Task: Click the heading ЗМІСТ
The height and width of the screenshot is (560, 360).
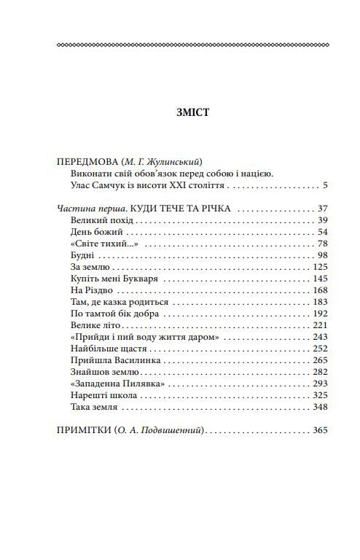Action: (192, 113)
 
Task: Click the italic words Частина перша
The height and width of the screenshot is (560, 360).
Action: (84, 209)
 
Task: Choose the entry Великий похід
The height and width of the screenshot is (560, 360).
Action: (103, 221)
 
